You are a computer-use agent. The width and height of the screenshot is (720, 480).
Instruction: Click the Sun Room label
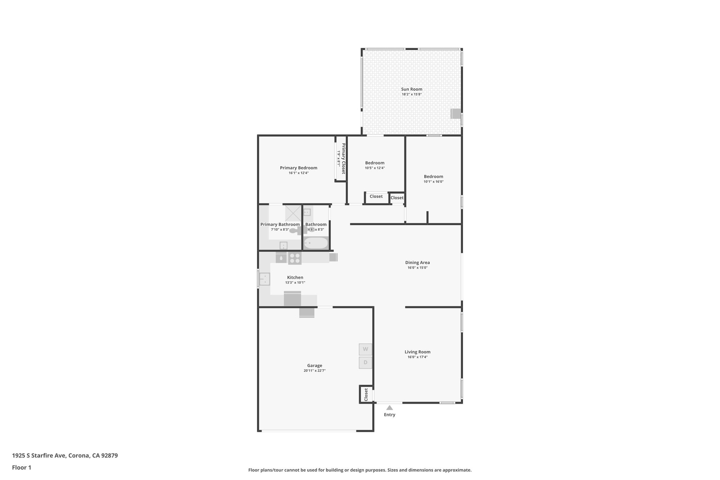point(412,89)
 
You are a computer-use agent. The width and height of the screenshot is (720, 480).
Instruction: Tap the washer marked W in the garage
point(365,349)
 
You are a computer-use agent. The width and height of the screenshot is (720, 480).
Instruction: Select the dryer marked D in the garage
point(365,363)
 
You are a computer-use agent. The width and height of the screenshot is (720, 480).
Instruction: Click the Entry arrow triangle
point(390,408)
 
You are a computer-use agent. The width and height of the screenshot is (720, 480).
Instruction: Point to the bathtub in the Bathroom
point(316,243)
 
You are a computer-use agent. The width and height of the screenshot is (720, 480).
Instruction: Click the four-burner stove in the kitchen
point(295,258)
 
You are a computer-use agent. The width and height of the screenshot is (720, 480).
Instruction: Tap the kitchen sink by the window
point(264,279)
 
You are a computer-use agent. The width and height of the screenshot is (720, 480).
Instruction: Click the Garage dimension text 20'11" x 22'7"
point(315,371)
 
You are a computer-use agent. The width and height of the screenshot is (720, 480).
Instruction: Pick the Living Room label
point(417,352)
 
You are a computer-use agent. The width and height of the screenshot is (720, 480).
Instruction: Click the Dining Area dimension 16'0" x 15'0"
point(417,268)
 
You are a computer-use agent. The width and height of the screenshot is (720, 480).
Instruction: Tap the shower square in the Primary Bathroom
point(293,213)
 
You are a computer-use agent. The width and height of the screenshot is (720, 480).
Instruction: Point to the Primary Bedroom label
point(298,168)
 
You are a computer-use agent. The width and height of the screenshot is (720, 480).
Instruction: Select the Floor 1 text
point(21,468)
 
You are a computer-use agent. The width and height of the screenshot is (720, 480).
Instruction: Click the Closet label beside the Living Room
point(366,395)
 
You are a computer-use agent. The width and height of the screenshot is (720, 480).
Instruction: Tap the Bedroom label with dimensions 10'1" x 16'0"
point(433,177)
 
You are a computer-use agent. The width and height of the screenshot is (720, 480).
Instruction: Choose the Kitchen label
point(295,278)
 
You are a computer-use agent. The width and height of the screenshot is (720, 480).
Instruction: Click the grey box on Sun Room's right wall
point(456,114)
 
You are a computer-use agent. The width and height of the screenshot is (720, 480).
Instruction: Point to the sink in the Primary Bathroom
point(283,245)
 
